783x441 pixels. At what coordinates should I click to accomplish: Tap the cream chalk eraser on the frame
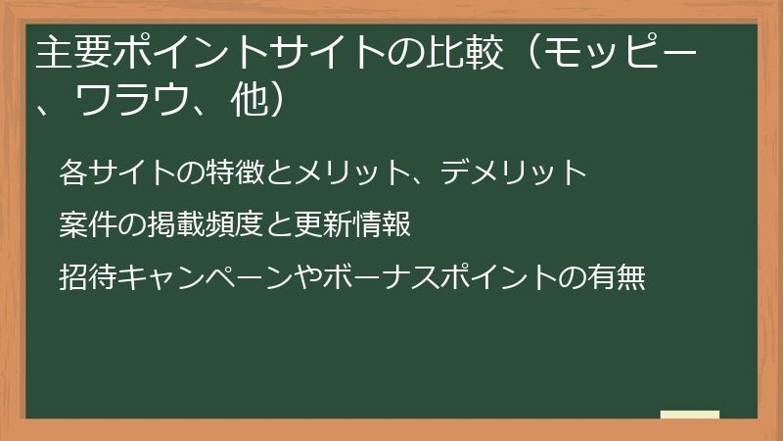coord(689,415)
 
